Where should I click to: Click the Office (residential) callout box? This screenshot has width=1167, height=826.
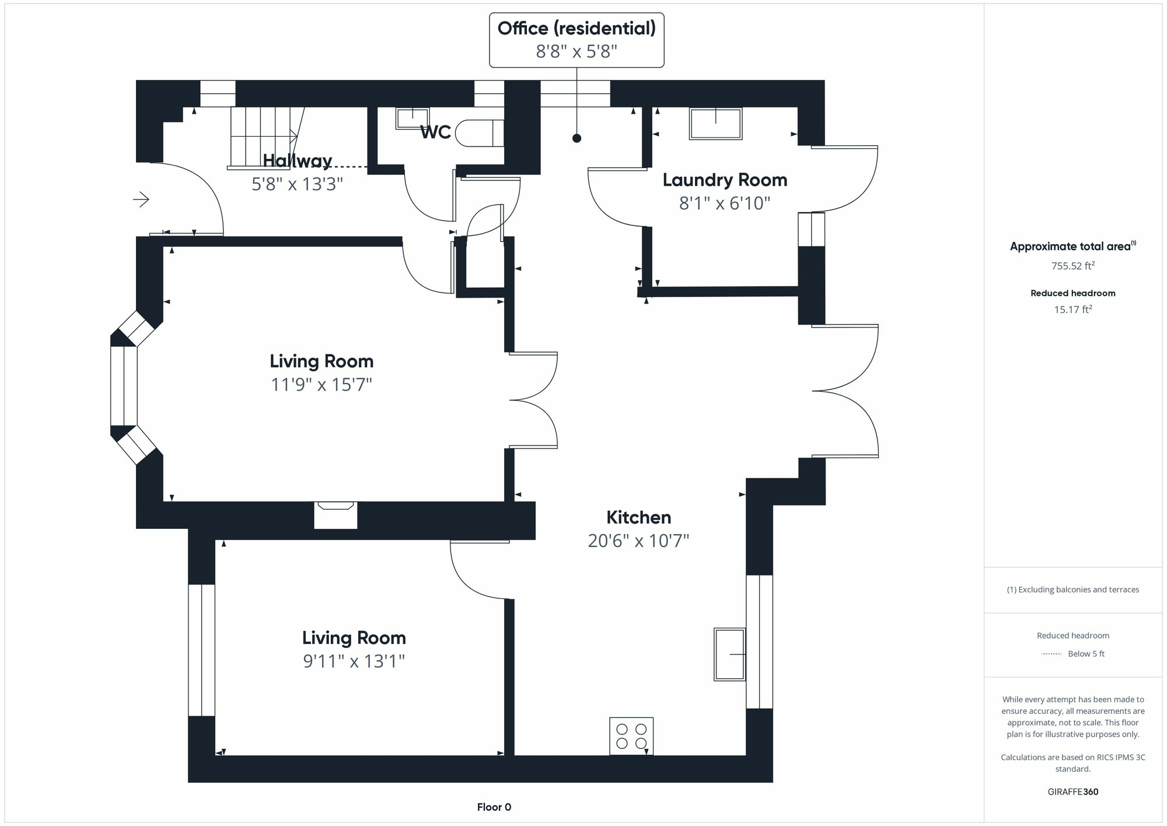(576, 40)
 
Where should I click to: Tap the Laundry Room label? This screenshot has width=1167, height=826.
(725, 180)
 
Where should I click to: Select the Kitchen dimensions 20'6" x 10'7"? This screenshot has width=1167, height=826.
(638, 541)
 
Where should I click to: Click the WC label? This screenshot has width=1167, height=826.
(436, 133)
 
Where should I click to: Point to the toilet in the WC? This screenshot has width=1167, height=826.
(479, 133)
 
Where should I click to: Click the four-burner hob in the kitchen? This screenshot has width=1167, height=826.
(631, 736)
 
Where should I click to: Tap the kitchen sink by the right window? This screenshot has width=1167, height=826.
(730, 654)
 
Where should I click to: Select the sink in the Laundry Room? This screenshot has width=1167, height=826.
(716, 124)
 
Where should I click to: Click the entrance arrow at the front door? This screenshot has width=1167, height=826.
(141, 200)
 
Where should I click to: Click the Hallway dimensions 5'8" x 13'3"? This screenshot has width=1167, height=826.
(297, 184)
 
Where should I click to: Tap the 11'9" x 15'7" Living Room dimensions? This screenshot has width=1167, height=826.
(322, 385)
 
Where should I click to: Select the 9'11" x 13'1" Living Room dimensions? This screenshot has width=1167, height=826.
(354, 661)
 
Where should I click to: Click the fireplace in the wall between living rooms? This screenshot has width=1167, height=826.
(336, 515)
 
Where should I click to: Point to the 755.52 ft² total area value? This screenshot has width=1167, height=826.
(1073, 266)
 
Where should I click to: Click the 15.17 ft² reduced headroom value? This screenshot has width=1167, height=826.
(1073, 309)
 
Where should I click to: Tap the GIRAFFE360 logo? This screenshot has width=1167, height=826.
(1073, 792)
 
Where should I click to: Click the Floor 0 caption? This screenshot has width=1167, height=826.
(494, 807)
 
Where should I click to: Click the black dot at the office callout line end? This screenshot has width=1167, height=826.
(576, 138)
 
